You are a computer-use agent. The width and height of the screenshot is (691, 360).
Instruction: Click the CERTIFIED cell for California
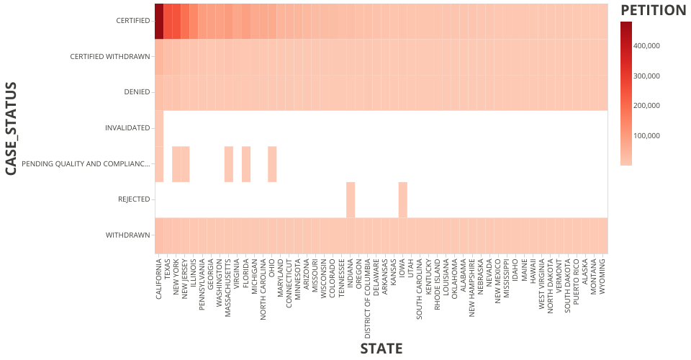(x=159, y=21)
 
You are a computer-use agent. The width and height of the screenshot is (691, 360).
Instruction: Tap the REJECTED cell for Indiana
(x=351, y=199)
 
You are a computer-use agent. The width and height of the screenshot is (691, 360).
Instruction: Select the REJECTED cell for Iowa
(x=403, y=199)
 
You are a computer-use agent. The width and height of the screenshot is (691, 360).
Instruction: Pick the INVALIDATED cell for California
(x=159, y=128)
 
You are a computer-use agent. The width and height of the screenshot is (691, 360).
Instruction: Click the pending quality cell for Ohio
(x=272, y=164)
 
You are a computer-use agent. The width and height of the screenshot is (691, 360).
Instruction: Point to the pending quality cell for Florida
(x=246, y=164)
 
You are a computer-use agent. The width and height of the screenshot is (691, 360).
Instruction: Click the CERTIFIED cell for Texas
(x=168, y=21)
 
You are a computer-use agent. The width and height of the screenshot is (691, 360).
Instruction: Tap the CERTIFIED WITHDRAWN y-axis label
(x=110, y=57)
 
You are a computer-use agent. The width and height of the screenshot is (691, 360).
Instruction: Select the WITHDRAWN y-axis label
(x=127, y=235)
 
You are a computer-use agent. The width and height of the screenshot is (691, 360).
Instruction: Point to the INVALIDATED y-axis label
(x=127, y=128)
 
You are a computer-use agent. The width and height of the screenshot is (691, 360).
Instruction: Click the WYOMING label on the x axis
(x=603, y=277)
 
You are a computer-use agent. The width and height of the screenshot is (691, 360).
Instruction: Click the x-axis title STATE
(x=381, y=349)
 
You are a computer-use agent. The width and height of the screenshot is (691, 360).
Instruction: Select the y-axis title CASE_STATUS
(x=12, y=128)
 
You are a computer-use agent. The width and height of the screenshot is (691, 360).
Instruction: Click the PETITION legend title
(x=653, y=10)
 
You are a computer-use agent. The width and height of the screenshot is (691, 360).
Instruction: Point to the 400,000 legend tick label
(x=646, y=45)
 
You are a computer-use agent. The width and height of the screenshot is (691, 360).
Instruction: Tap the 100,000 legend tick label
(x=646, y=136)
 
